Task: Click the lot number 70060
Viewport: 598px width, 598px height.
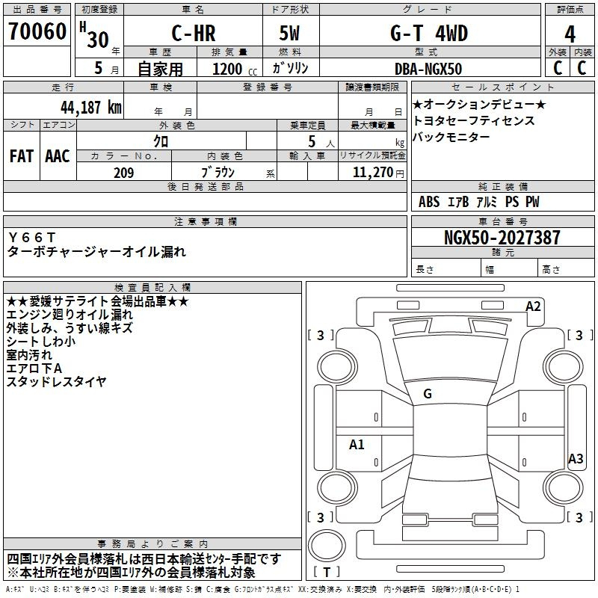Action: [37, 31]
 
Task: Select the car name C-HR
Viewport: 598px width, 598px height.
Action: [194, 33]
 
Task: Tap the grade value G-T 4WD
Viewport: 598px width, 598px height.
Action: [429, 33]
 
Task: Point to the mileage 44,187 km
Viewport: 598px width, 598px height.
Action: [90, 107]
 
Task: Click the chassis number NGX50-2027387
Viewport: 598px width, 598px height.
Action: [502, 237]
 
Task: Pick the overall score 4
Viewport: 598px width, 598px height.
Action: [570, 34]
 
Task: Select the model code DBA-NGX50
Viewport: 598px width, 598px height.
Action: [428, 69]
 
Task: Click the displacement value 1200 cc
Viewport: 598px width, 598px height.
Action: [235, 69]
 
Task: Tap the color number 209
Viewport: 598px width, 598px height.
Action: [124, 173]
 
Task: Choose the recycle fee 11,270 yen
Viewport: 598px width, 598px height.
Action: [378, 173]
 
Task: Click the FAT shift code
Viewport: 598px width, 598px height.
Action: [22, 156]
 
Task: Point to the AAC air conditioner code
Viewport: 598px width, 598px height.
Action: [58, 156]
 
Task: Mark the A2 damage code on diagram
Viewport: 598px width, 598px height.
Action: [533, 306]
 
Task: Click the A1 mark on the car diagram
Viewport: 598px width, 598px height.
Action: [357, 444]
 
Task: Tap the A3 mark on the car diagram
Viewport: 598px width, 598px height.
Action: [576, 458]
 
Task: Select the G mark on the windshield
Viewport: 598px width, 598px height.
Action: [428, 394]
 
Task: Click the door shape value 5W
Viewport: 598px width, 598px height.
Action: [289, 33]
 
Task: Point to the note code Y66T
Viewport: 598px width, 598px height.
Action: [32, 238]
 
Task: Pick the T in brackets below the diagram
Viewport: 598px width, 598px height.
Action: [327, 572]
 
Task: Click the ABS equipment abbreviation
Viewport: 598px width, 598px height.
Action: [429, 202]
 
